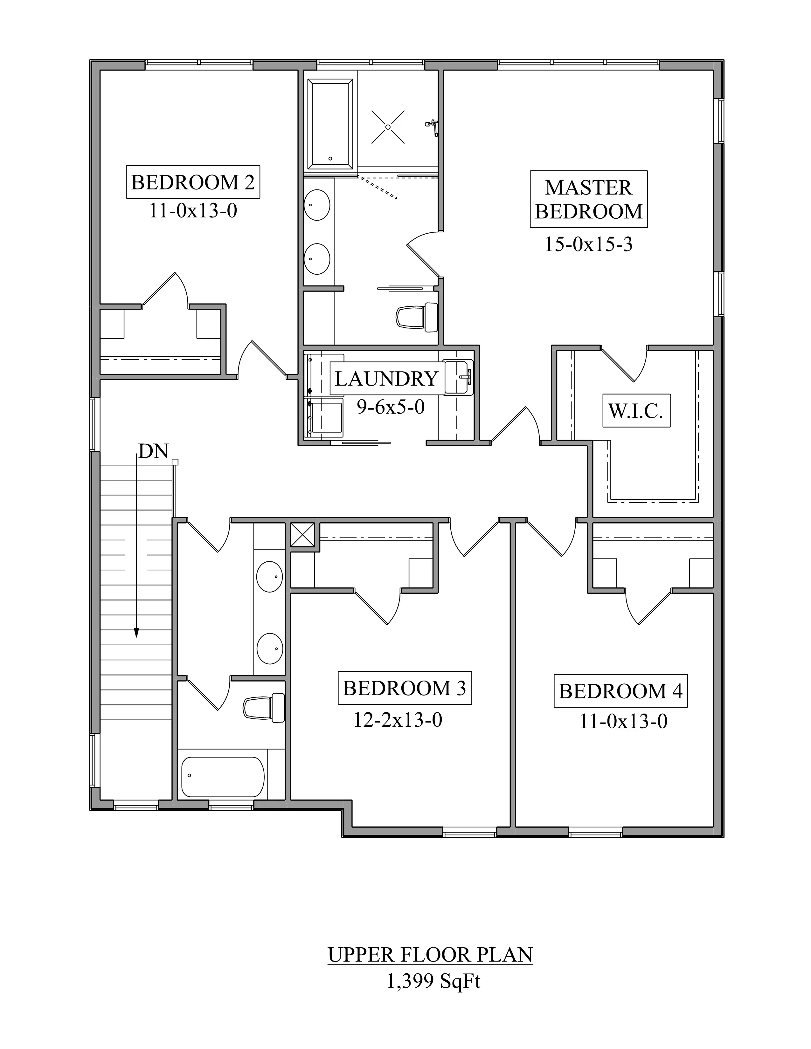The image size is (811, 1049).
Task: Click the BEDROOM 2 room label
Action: tap(193, 182)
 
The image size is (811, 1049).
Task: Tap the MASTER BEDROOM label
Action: tap(589, 199)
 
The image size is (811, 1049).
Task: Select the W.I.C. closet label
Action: tap(636, 411)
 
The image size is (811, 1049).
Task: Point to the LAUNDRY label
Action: tap(386, 379)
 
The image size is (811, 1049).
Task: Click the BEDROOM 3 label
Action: tap(405, 688)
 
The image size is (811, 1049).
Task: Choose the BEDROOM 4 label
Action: tap(620, 691)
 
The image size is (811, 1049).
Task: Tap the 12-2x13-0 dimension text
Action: tap(398, 719)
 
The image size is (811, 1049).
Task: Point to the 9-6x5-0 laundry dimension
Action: tap(391, 407)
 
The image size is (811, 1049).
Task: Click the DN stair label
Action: tap(153, 451)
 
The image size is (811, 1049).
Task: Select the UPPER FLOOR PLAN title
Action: tap(431, 955)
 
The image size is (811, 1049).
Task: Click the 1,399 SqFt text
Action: tap(433, 982)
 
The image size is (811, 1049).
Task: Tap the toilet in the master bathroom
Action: tap(417, 317)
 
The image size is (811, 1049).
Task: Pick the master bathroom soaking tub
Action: tap(330, 124)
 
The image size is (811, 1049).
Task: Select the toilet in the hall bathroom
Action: tap(264, 708)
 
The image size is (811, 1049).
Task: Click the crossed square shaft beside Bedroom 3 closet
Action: tap(303, 535)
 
